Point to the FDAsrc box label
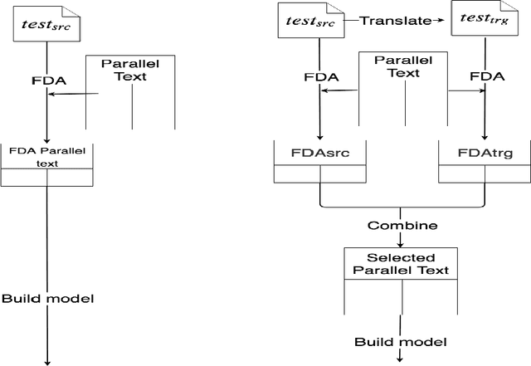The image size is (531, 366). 319,154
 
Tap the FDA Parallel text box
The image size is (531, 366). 47,157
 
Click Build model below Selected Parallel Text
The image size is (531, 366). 401,342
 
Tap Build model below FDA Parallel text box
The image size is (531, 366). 47,298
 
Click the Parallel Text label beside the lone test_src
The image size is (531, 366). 131,69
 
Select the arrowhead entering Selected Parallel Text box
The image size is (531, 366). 401,244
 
